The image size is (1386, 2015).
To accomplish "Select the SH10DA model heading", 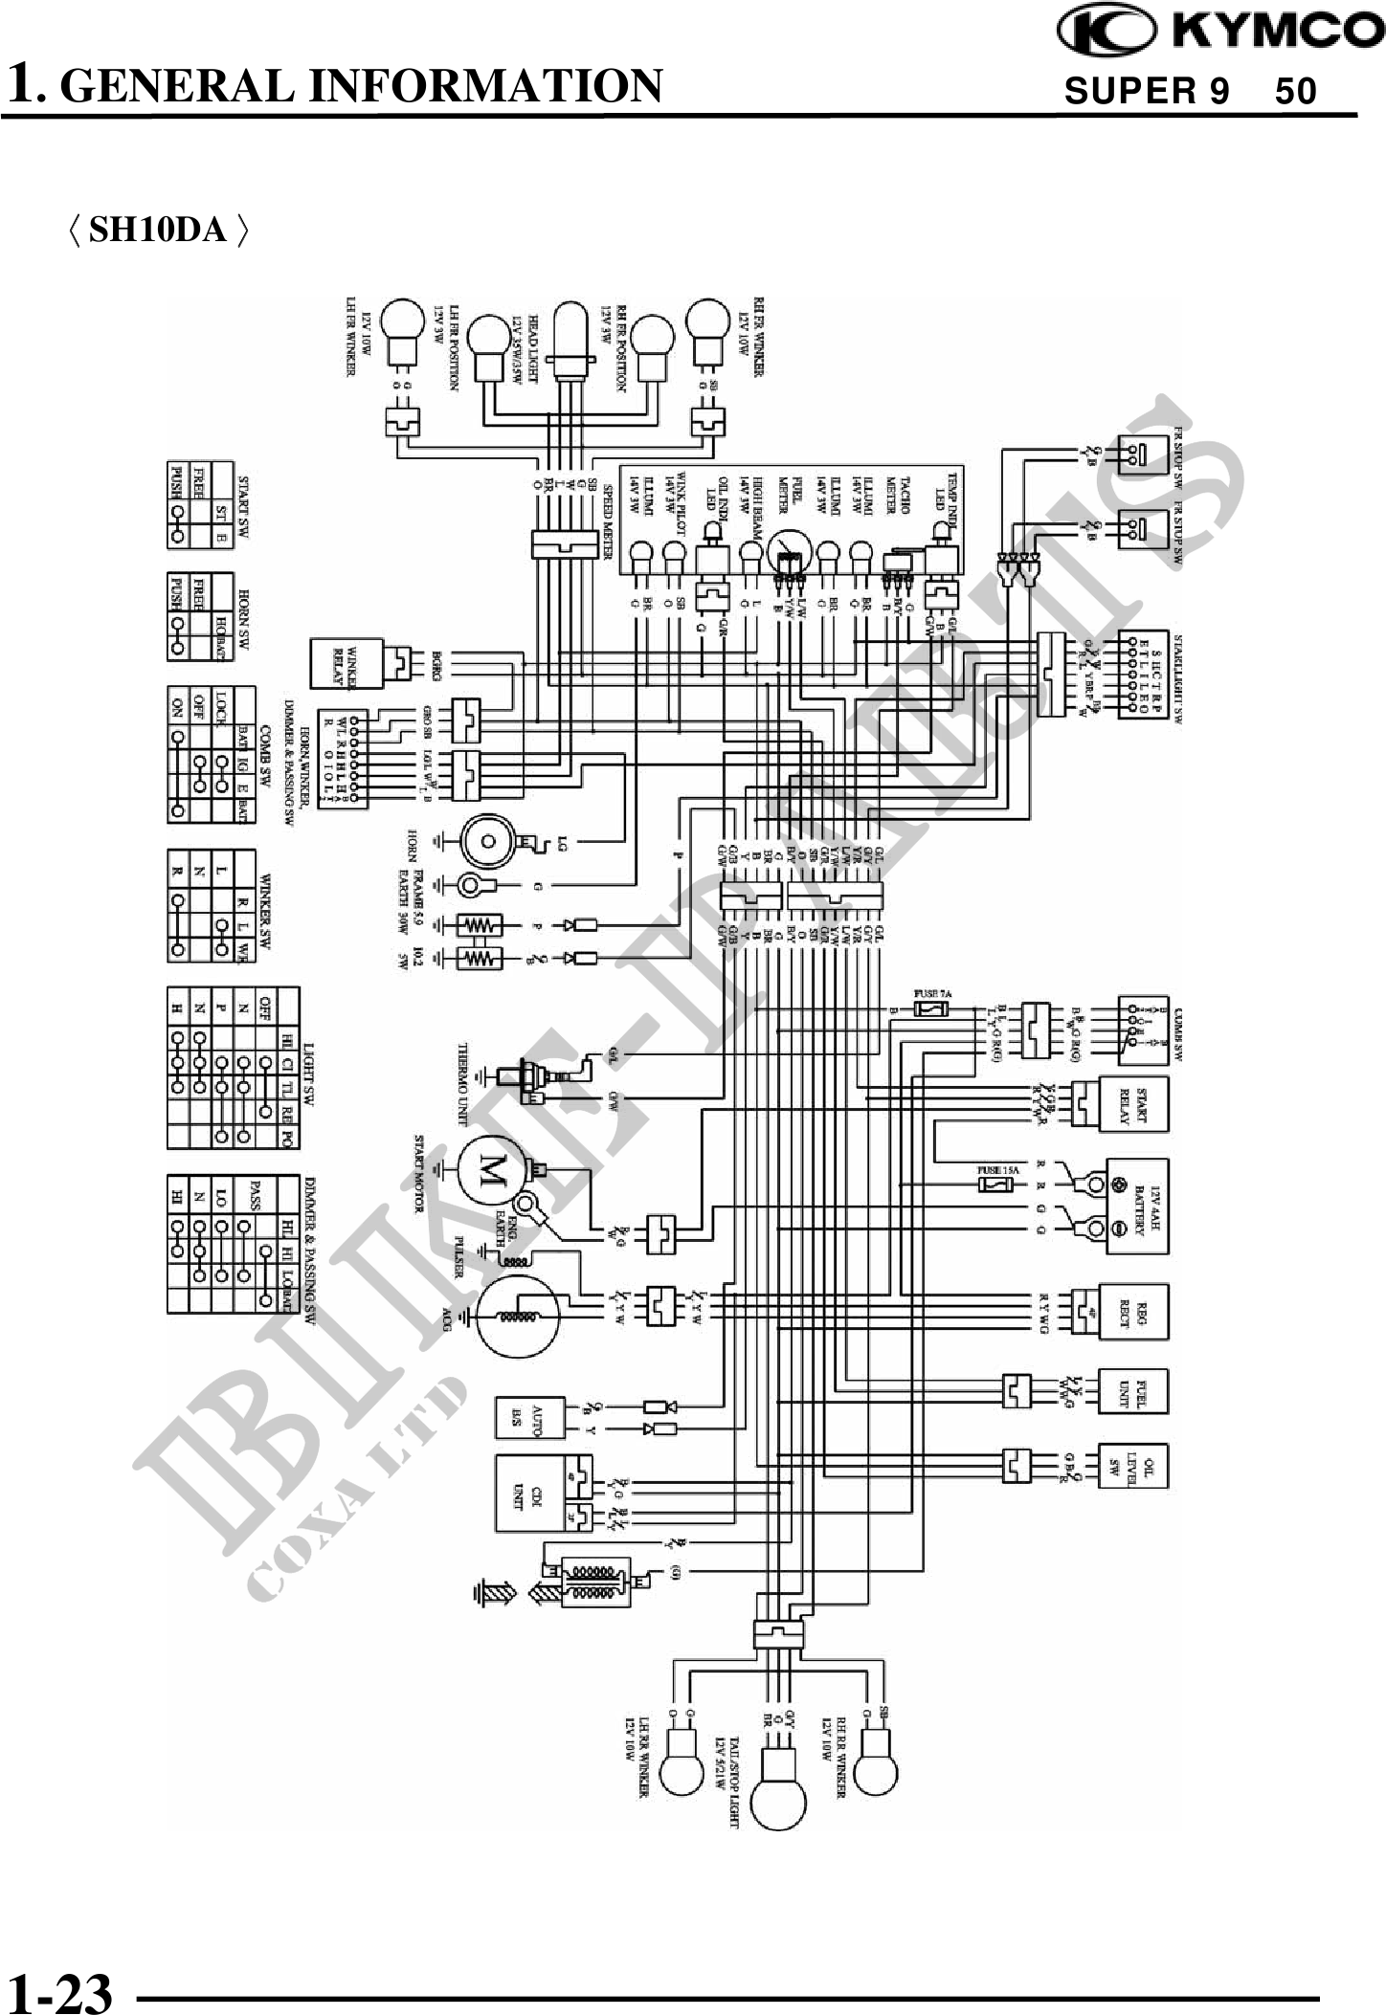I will pos(159,230).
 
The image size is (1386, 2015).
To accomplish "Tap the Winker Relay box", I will pos(346,663).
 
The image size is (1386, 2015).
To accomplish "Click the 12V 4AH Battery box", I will pos(1137,1206).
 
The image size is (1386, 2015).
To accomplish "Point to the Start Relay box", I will pos(1135,1104).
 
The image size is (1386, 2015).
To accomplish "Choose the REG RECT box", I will pos(1135,1310).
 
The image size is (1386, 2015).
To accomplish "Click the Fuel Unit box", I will pos(1134,1391).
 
